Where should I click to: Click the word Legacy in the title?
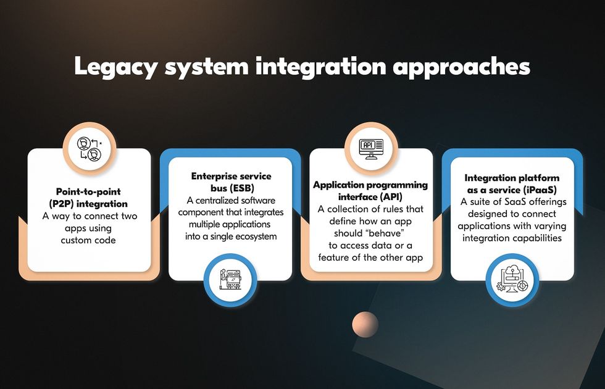click(115, 67)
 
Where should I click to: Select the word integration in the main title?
click(321, 67)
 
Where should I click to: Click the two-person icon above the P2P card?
click(90, 149)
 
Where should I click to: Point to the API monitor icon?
click(371, 149)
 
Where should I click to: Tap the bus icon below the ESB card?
click(230, 279)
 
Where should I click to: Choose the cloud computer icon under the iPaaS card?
click(512, 279)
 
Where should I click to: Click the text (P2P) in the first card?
click(62, 204)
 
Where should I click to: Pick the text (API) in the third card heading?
click(391, 197)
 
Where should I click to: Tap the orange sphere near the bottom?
click(365, 324)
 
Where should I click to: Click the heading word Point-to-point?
click(88, 192)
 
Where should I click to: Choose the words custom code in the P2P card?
click(88, 240)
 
